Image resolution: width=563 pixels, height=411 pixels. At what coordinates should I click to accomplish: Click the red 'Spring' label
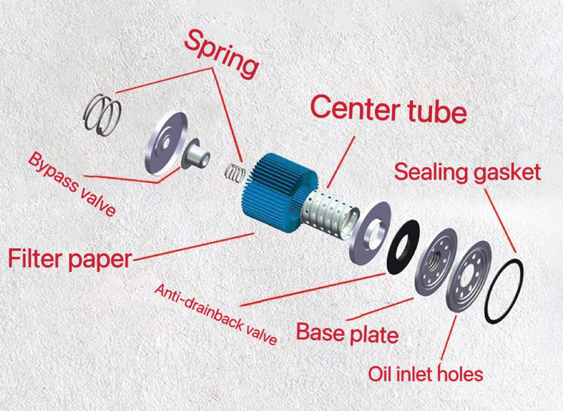pyautogui.click(x=222, y=54)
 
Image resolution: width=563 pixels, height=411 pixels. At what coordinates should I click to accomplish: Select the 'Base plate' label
pyautogui.click(x=347, y=333)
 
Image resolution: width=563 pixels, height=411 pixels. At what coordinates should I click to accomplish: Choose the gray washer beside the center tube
pyautogui.click(x=370, y=231)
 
